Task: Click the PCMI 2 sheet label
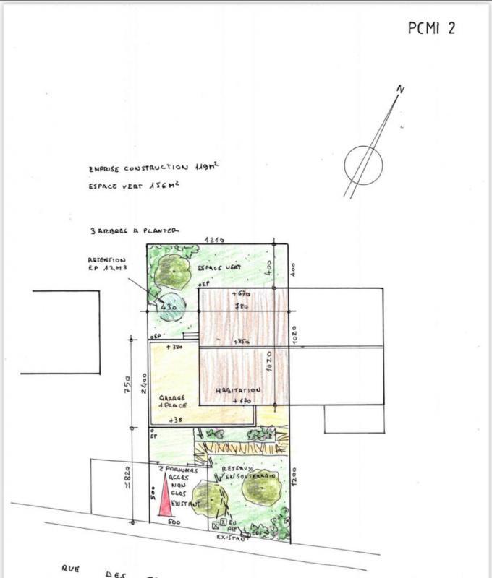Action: [431, 28]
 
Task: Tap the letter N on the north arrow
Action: [400, 90]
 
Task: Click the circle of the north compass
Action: [362, 165]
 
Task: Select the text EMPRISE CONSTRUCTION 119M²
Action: [153, 168]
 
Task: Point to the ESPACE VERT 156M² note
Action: [134, 186]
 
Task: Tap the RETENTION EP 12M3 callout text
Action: [106, 264]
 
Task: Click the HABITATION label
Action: [238, 390]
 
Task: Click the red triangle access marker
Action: [166, 499]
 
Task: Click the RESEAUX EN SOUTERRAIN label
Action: [247, 473]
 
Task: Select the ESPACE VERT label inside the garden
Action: [220, 267]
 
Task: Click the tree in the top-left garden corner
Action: [173, 272]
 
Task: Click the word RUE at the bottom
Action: [70, 568]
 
